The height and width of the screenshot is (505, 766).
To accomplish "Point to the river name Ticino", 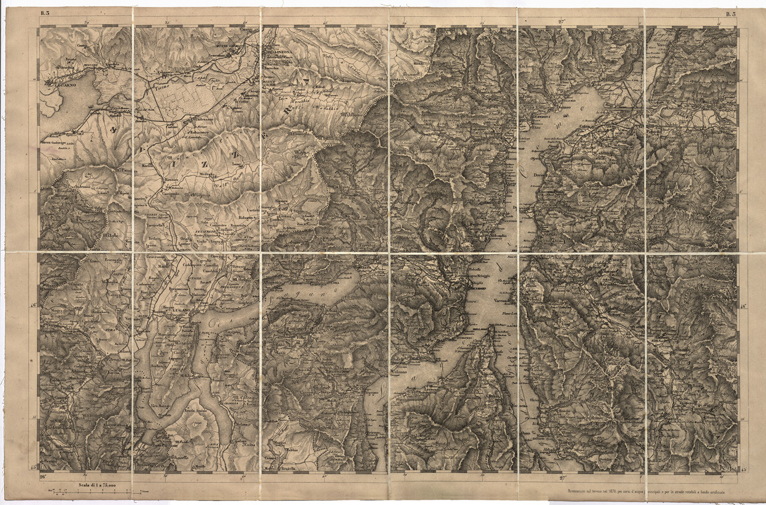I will point(161,90).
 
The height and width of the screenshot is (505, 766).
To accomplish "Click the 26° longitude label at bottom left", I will point(43,477).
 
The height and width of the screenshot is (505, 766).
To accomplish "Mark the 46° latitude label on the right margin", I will point(744,306).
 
